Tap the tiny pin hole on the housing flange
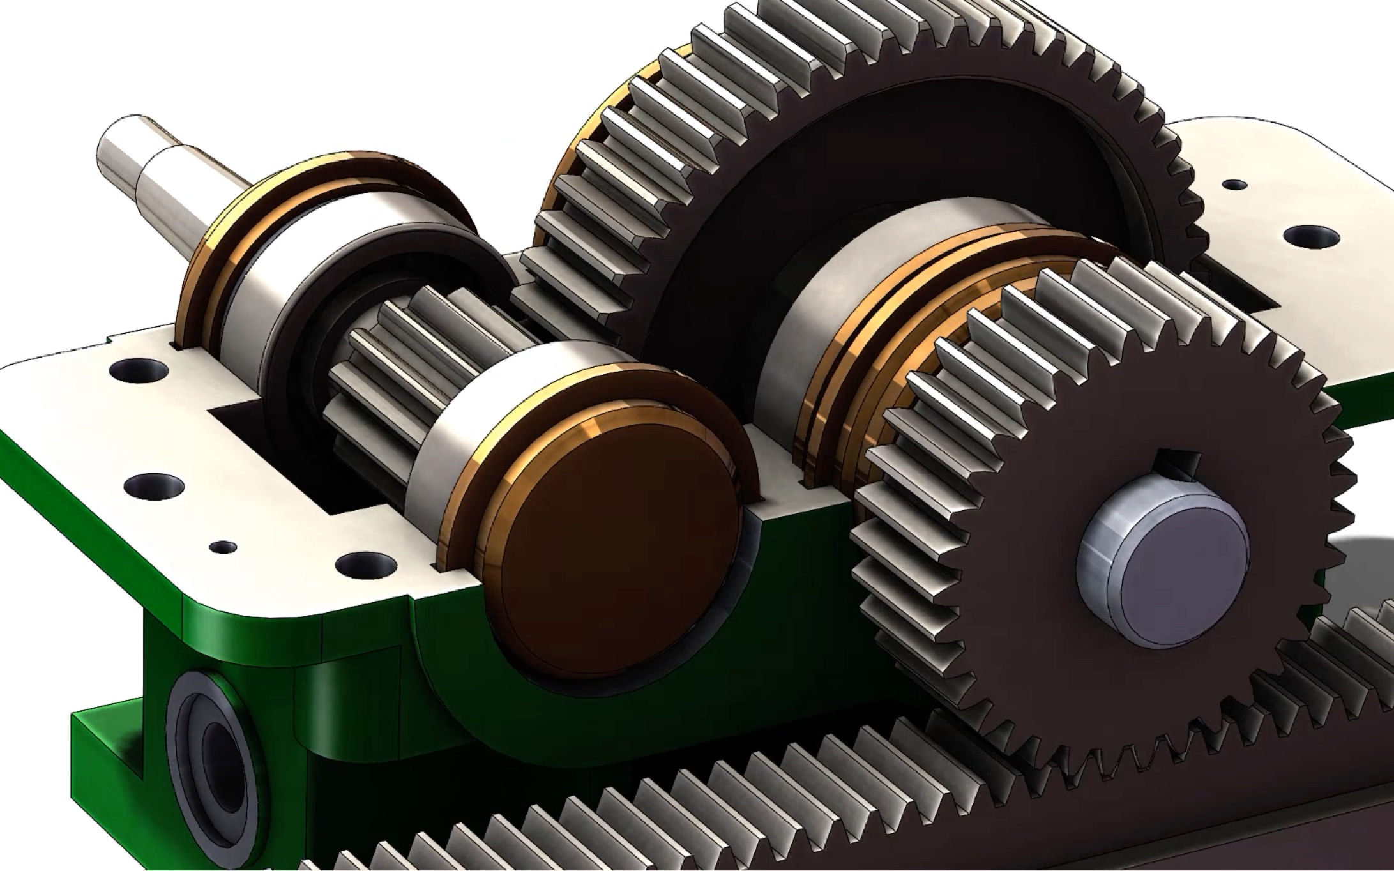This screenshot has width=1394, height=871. [x=223, y=547]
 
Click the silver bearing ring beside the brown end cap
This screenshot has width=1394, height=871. [x=441, y=441]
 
